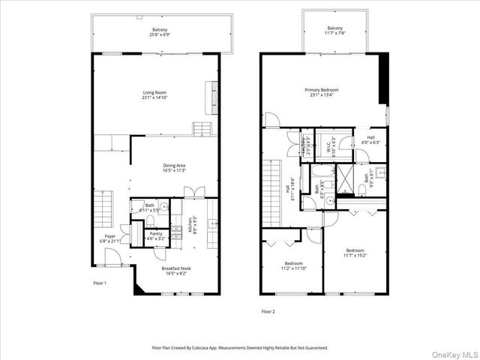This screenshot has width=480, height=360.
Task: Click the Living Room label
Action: coord(154,93)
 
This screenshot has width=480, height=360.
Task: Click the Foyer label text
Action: coord(109,238)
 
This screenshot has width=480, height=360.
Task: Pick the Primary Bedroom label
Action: coord(321,90)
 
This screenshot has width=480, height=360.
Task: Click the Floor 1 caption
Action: coord(100,283)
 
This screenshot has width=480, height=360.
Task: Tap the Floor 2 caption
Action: coord(268,310)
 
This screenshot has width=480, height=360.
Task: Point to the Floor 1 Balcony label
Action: coord(160,31)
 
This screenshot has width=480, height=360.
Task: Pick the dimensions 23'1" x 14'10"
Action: coord(154,97)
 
